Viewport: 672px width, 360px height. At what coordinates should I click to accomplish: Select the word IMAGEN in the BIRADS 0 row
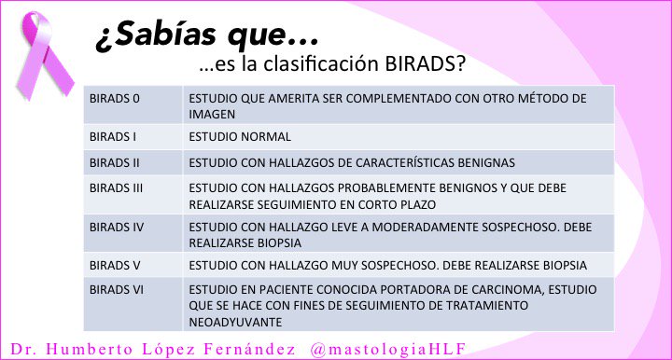[210, 114]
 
